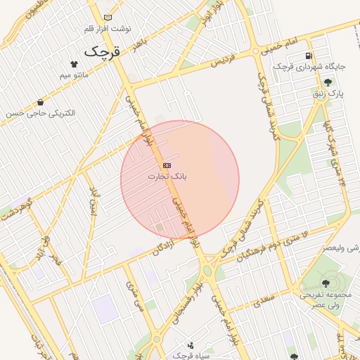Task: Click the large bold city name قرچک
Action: (x=102, y=51)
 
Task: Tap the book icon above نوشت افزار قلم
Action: (x=107, y=17)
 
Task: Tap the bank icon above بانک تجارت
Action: (x=167, y=165)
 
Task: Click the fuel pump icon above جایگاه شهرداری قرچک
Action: (x=309, y=56)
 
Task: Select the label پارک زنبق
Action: (x=327, y=93)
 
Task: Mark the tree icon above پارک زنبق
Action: (x=328, y=82)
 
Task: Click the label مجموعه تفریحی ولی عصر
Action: (x=319, y=300)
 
